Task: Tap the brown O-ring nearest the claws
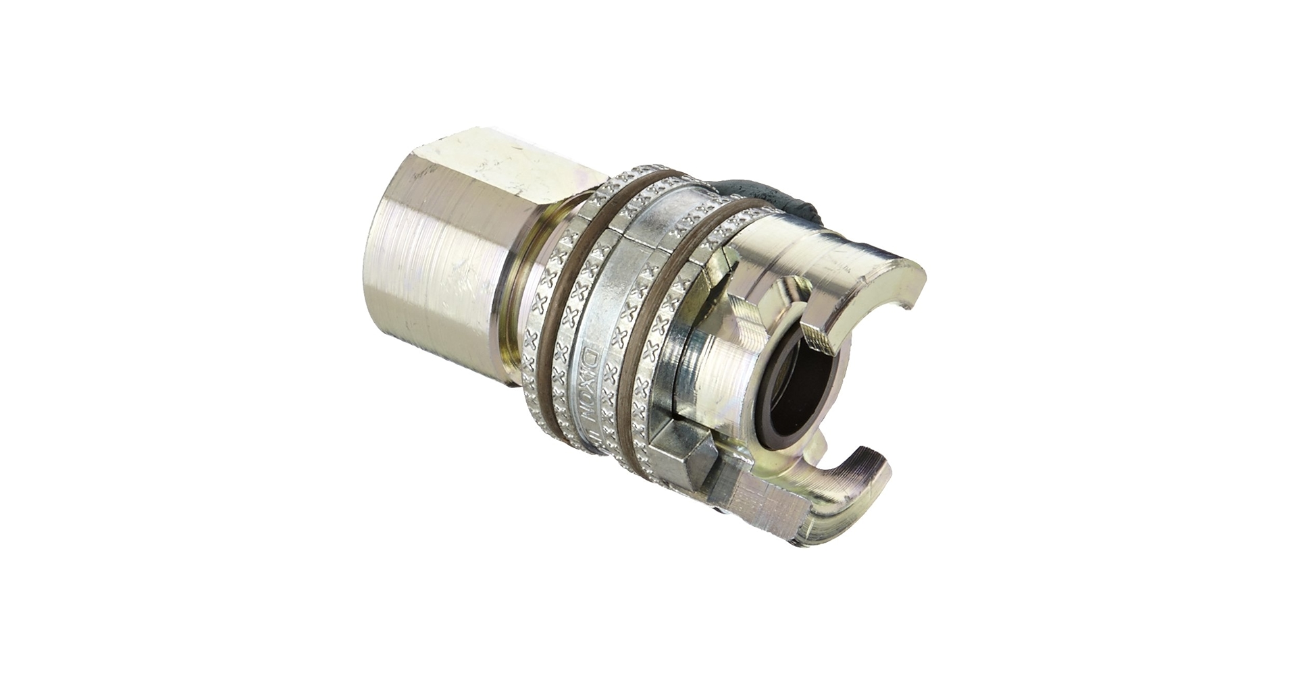click(675, 283)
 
